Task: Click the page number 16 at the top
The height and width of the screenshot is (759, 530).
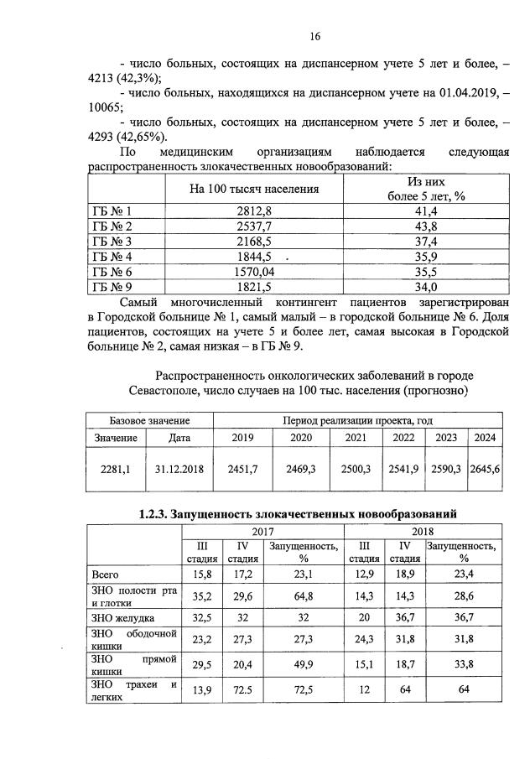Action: [x=314, y=36]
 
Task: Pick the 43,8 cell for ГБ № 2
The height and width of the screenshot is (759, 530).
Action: [x=426, y=227]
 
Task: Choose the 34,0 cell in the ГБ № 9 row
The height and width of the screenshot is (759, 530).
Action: [x=426, y=288]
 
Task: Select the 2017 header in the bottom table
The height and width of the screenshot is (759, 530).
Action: [x=262, y=532]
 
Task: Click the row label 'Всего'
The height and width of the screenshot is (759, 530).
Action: [x=104, y=574]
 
